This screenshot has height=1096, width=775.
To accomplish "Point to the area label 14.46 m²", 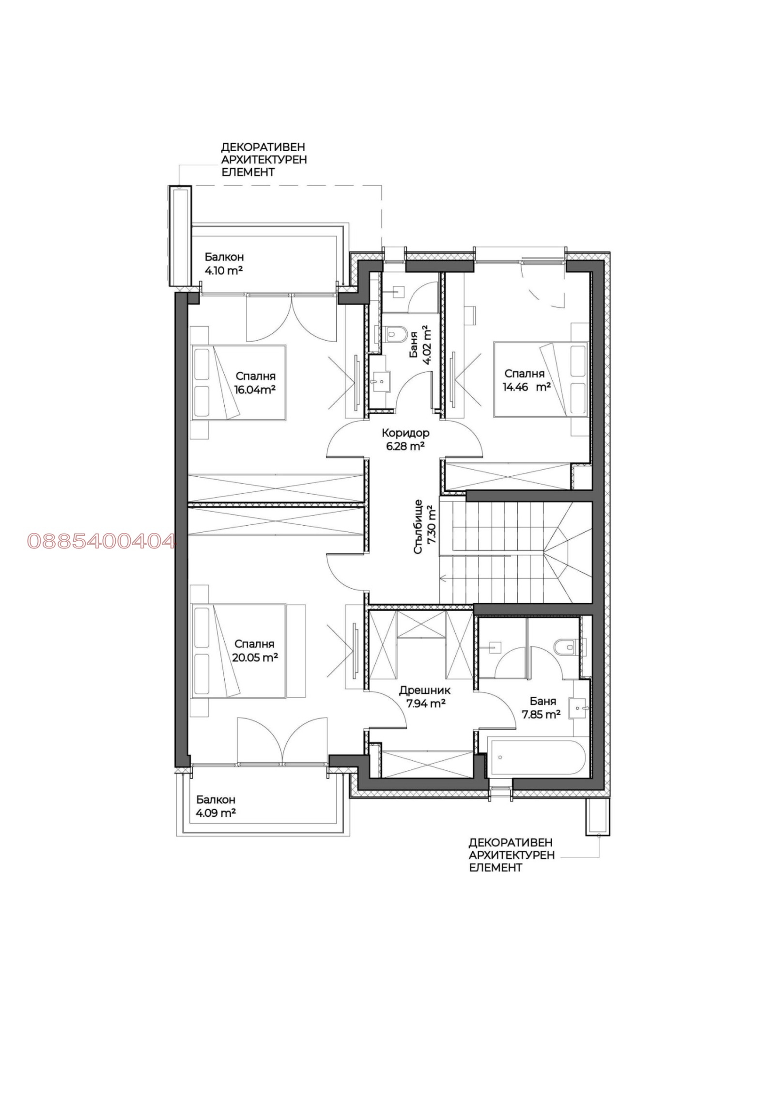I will tap(527, 387).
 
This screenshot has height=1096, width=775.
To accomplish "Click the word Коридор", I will tap(405, 433).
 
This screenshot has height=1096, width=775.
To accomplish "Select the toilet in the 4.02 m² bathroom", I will tap(396, 333).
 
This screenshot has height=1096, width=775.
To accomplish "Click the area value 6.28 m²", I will tap(405, 446).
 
